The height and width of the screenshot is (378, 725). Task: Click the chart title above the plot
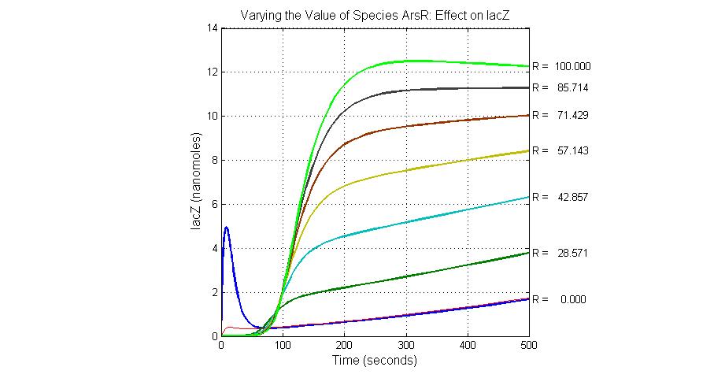pos(375,15)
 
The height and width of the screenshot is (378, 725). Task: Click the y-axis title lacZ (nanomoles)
pos(197,182)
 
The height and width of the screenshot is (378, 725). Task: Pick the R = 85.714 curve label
pos(560,87)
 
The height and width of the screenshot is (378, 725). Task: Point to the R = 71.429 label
pos(560,115)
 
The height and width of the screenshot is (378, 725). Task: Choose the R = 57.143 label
pos(560,150)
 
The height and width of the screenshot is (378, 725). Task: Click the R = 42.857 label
pos(560,196)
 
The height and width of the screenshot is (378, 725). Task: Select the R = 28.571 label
pos(560,254)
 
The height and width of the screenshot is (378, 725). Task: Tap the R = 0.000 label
pos(560,300)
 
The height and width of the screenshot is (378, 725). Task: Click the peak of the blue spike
pos(227,227)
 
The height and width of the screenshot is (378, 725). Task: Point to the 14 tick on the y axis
pos(213,28)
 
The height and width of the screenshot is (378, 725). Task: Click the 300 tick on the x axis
pos(405,345)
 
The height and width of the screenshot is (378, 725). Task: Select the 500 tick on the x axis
pos(528,345)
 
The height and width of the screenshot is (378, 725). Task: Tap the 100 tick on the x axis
pos(283,345)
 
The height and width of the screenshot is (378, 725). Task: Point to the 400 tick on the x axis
pos(467,345)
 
